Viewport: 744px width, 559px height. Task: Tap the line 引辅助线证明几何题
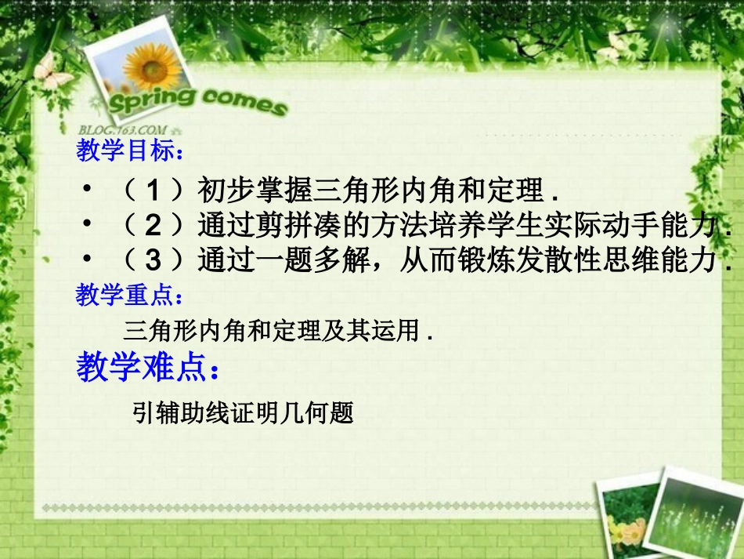(x=244, y=412)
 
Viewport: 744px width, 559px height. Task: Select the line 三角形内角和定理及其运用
(x=278, y=331)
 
